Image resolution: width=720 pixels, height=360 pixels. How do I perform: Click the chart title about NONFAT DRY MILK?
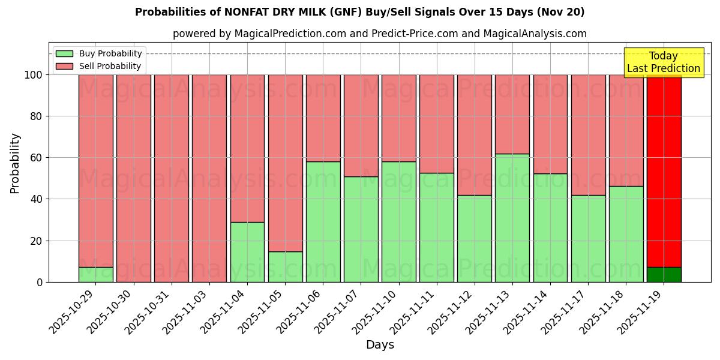(x=359, y=12)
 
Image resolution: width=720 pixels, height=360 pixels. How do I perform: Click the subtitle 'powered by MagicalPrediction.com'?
(x=379, y=34)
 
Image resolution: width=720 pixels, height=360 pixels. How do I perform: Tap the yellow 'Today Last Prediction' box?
(x=663, y=62)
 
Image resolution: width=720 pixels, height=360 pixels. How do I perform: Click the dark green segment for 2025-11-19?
(x=664, y=275)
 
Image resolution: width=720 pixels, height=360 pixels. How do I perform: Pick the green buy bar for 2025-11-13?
(x=512, y=218)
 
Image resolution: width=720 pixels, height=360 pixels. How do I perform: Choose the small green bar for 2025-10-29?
(x=96, y=275)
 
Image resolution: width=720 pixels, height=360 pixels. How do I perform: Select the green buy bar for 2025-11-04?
(x=247, y=252)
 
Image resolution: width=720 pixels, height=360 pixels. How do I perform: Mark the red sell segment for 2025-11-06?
(x=323, y=118)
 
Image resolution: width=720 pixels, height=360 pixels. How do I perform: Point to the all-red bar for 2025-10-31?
(x=172, y=178)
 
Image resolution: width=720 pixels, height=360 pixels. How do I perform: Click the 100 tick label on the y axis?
(x=34, y=75)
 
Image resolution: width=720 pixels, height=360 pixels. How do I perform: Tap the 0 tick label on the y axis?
(x=40, y=282)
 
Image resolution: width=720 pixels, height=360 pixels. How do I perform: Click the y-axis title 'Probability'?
(x=15, y=163)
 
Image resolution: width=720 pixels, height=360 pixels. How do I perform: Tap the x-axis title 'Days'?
(x=379, y=345)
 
